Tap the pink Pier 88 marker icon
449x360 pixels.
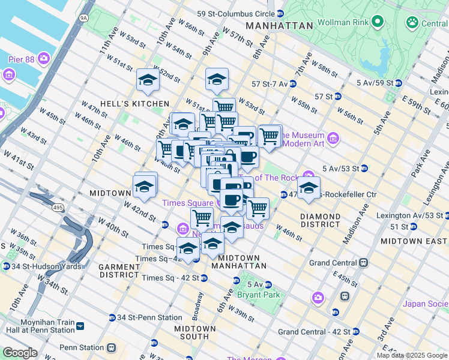point(43,58)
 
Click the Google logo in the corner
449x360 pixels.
point(20,353)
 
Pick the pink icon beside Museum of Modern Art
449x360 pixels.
point(333,139)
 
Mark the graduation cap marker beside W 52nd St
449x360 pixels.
point(148,79)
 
